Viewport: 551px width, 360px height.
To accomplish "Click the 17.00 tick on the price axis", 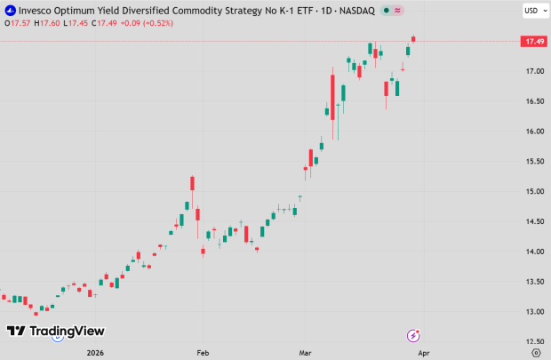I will pyautogui.click(x=534, y=71).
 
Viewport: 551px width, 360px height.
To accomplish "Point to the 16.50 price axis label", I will pyautogui.click(x=534, y=101).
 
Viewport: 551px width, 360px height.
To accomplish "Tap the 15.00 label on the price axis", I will pyautogui.click(x=534, y=191).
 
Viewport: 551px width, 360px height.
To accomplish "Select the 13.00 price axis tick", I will pyautogui.click(x=534, y=312).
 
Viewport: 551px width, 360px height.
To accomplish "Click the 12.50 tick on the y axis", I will pyautogui.click(x=534, y=342).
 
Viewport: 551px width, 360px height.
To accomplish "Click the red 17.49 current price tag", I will pyautogui.click(x=534, y=41).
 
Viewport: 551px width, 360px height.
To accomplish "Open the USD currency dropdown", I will pyautogui.click(x=533, y=11).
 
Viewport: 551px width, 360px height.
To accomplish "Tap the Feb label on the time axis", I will pyautogui.click(x=204, y=352).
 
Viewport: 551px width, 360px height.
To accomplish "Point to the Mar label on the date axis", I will pyautogui.click(x=307, y=352).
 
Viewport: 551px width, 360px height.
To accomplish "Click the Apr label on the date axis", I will pyautogui.click(x=423, y=352).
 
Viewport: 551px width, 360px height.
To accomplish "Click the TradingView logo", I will pyautogui.click(x=55, y=332).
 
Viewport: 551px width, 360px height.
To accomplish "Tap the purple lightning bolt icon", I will pyautogui.click(x=413, y=335).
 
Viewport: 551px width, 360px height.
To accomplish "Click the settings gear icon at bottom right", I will pyautogui.click(x=535, y=352).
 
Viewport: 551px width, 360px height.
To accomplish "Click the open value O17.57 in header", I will pyautogui.click(x=18, y=22).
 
